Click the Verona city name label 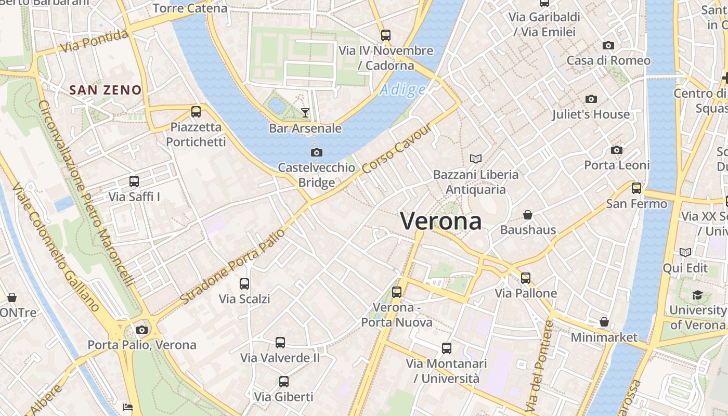click(x=440, y=221)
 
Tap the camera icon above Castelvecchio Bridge click(x=316, y=152)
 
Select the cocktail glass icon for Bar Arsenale click(x=305, y=112)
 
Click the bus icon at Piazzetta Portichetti click(x=196, y=111)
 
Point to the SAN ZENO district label click(x=106, y=90)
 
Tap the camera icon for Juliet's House click(x=591, y=99)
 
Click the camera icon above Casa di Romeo click(x=608, y=46)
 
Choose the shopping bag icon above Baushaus click(x=528, y=215)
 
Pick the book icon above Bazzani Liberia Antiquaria click(x=475, y=159)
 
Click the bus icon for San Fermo click(x=636, y=188)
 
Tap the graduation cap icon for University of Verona click(x=697, y=295)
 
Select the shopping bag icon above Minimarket click(x=604, y=322)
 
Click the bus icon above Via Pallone click(x=526, y=278)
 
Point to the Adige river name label click(x=402, y=90)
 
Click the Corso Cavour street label click(x=397, y=149)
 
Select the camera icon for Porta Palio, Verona click(x=141, y=330)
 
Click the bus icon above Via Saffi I click(x=134, y=181)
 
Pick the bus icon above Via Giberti click(x=283, y=382)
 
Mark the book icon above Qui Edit click(x=685, y=253)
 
